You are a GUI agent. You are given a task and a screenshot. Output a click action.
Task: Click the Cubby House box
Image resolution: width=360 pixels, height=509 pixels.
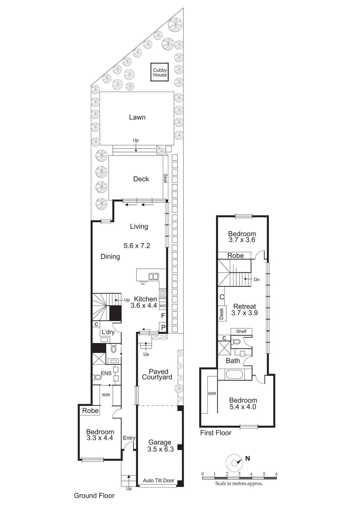[160, 72]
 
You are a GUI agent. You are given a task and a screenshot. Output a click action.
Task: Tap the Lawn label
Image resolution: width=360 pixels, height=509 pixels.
[137, 117]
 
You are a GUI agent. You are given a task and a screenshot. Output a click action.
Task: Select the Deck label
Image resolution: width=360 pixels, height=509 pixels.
[141, 179]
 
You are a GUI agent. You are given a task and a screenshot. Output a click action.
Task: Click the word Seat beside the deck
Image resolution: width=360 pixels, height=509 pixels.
[165, 178]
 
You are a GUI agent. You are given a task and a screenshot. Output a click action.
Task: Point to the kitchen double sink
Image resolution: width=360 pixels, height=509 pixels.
[154, 276]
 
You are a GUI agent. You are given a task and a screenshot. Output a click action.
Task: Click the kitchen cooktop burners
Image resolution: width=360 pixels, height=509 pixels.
[163, 293]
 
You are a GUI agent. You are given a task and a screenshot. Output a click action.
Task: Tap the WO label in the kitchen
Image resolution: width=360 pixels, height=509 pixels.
[163, 306]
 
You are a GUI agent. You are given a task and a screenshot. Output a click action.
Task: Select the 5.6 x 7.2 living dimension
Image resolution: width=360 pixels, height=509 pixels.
[137, 246]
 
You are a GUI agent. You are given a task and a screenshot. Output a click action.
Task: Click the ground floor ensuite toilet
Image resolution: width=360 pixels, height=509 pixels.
[98, 377]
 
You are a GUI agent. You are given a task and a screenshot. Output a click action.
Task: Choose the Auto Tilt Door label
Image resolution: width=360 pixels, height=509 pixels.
[158, 480]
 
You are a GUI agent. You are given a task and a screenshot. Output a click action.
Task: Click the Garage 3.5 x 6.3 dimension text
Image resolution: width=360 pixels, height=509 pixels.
[160, 449]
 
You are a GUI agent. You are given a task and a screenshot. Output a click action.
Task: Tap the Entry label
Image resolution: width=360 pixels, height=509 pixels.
[129, 438]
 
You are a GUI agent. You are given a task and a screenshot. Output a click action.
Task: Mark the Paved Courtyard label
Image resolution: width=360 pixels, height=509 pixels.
[157, 374]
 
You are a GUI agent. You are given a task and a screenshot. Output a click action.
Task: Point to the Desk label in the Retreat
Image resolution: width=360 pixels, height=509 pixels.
[221, 314]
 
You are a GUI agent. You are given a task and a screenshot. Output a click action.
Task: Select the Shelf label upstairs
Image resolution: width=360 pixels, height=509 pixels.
[241, 331]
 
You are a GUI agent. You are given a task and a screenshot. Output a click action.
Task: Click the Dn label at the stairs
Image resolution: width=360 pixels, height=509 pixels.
[257, 280]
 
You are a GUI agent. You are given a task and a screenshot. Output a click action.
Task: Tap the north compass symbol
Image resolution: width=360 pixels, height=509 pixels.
[235, 463]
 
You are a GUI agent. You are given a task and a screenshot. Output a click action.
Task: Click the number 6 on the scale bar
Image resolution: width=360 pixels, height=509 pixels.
[276, 474]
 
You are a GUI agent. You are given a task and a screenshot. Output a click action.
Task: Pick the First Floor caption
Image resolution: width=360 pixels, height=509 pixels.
[216, 433]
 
